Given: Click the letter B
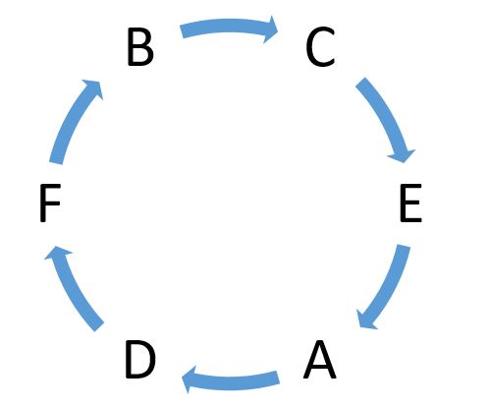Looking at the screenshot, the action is tap(140, 47).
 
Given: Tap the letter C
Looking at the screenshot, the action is tap(320, 47).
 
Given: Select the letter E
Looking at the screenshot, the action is tap(410, 203).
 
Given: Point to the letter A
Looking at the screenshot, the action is tap(319, 360).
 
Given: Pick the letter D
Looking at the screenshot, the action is tap(140, 359).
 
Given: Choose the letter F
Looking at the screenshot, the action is tap(50, 203).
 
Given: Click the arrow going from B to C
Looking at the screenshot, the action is tap(229, 26).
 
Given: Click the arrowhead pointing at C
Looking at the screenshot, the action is tap(271, 29).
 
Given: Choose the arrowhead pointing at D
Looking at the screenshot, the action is tap(189, 380).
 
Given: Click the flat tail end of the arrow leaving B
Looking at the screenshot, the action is tap(182, 31).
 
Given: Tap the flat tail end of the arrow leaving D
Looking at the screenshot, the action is tap(99, 327).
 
